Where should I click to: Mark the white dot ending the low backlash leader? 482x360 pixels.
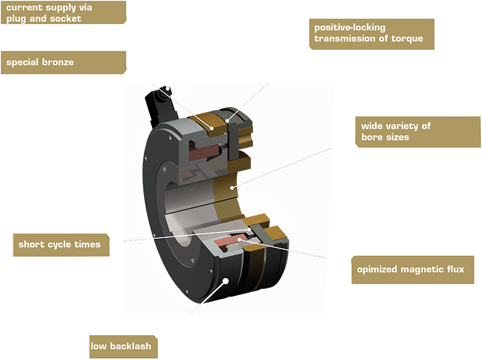(225, 281)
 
